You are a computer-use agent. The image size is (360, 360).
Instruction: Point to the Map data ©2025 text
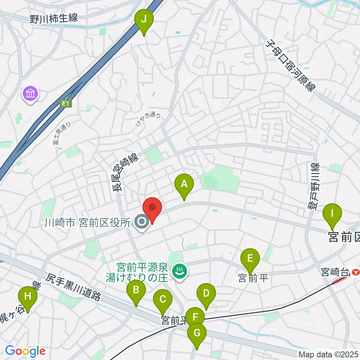click(x=328, y=354)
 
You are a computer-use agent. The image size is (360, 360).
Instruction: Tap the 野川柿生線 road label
click(x=55, y=17)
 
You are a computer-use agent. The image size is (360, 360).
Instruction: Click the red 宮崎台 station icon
click(x=355, y=271)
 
